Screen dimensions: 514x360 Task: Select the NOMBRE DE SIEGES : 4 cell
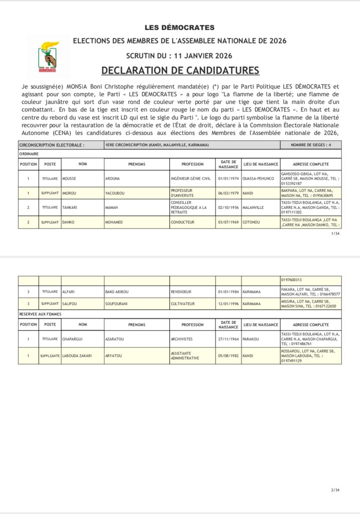(x=311, y=145)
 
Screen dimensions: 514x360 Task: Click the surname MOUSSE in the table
(x=69, y=178)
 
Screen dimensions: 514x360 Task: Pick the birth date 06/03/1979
(x=228, y=193)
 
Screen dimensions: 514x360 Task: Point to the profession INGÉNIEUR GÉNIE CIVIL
(x=190, y=178)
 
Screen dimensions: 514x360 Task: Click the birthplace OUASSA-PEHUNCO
(x=258, y=178)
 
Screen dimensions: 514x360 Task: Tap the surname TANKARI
(x=69, y=207)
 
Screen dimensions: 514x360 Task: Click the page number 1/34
(x=336, y=234)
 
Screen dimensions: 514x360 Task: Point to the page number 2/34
(x=336, y=490)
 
